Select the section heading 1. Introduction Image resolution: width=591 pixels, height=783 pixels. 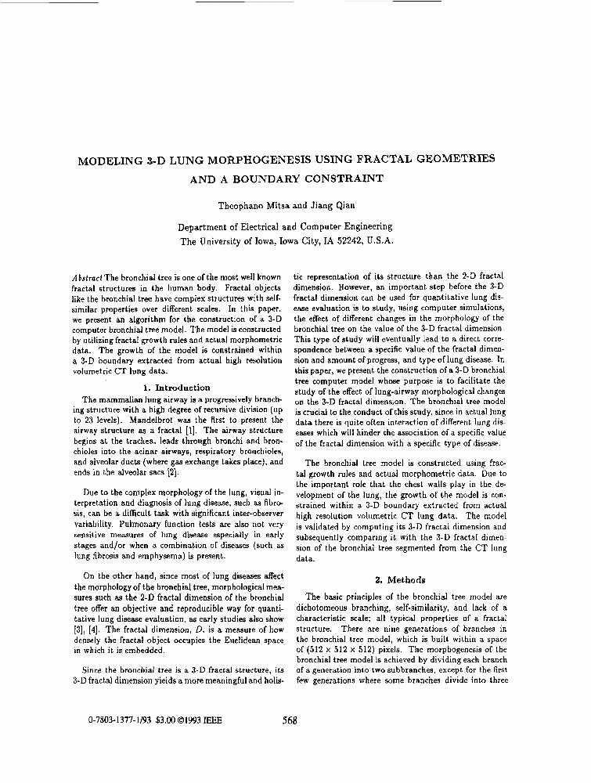coord(178,388)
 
